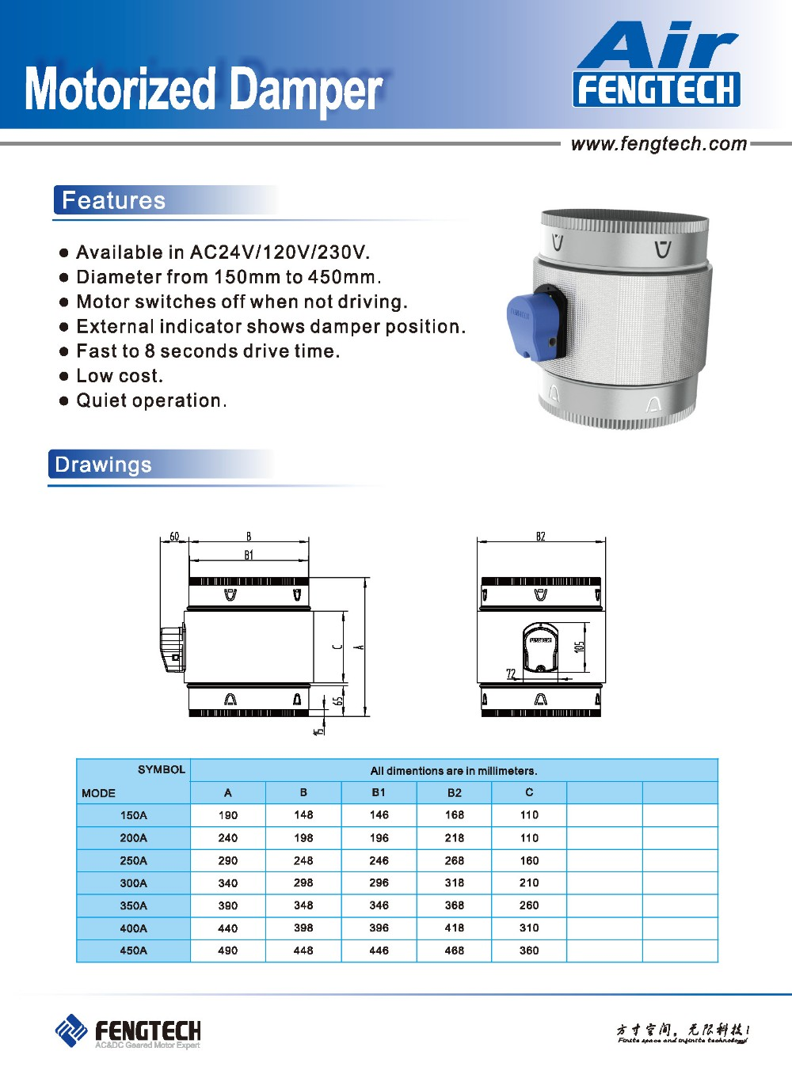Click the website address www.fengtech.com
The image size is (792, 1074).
[658, 144]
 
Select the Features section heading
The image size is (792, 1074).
[114, 200]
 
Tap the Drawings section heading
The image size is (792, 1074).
[104, 465]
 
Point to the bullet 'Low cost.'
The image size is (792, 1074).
[120, 376]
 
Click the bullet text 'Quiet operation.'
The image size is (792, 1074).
[151, 400]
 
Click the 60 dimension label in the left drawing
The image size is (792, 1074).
[174, 537]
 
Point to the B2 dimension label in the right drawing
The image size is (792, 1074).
[540, 537]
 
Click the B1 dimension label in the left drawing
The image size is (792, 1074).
[249, 556]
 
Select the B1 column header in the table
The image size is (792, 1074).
[379, 792]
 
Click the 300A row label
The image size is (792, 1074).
[133, 883]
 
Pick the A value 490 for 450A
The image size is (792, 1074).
[227, 951]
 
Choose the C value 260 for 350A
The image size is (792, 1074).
[529, 905]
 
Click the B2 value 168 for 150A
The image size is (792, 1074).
[454, 815]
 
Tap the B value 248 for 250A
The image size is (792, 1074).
[303, 860]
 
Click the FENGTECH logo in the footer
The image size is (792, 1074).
[128, 1032]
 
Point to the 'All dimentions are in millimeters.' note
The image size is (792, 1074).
[454, 771]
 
